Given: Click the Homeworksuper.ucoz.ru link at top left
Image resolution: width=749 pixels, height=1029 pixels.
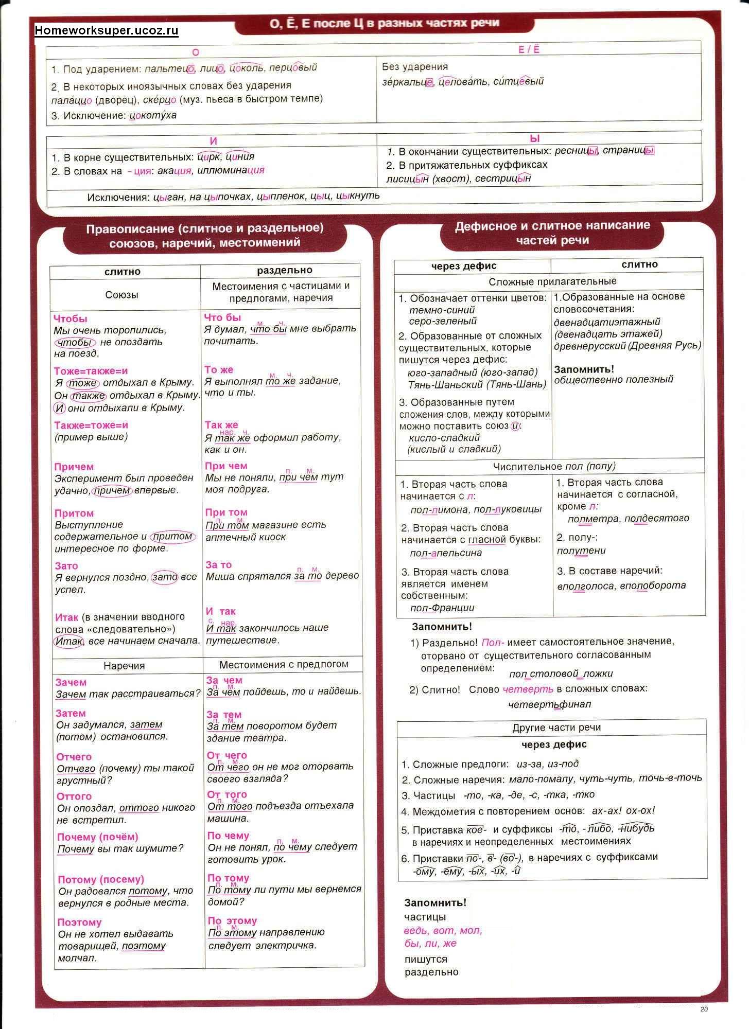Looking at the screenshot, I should click(x=107, y=30).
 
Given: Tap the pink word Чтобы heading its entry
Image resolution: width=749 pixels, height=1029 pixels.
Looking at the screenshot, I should click(x=71, y=318).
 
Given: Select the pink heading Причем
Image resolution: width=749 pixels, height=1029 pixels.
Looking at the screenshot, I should click(x=74, y=467).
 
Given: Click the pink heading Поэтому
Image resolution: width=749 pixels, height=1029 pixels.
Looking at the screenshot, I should click(x=79, y=922).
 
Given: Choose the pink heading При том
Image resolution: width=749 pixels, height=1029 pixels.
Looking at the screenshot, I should click(x=226, y=512).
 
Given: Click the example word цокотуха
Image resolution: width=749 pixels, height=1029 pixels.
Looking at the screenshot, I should click(x=153, y=115).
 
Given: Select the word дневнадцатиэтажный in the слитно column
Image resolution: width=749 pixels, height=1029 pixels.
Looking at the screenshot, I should click(x=607, y=322).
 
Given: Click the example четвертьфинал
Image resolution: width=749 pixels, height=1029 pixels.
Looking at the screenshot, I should click(x=549, y=704).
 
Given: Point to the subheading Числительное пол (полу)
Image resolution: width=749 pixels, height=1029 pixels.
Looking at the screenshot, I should click(x=554, y=466).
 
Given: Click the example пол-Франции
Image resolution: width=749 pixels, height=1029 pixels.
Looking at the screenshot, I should click(x=442, y=608).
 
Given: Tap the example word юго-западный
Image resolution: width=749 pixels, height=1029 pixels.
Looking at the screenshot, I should click(x=442, y=372).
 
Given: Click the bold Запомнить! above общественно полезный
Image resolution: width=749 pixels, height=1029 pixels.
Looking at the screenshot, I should click(x=584, y=369).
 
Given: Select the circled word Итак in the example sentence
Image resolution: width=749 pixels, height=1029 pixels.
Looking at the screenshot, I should click(x=68, y=641).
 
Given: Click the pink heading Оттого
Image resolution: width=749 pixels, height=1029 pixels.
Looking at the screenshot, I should click(x=74, y=796).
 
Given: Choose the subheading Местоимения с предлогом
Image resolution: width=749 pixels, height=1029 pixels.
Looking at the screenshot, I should click(x=284, y=664).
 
